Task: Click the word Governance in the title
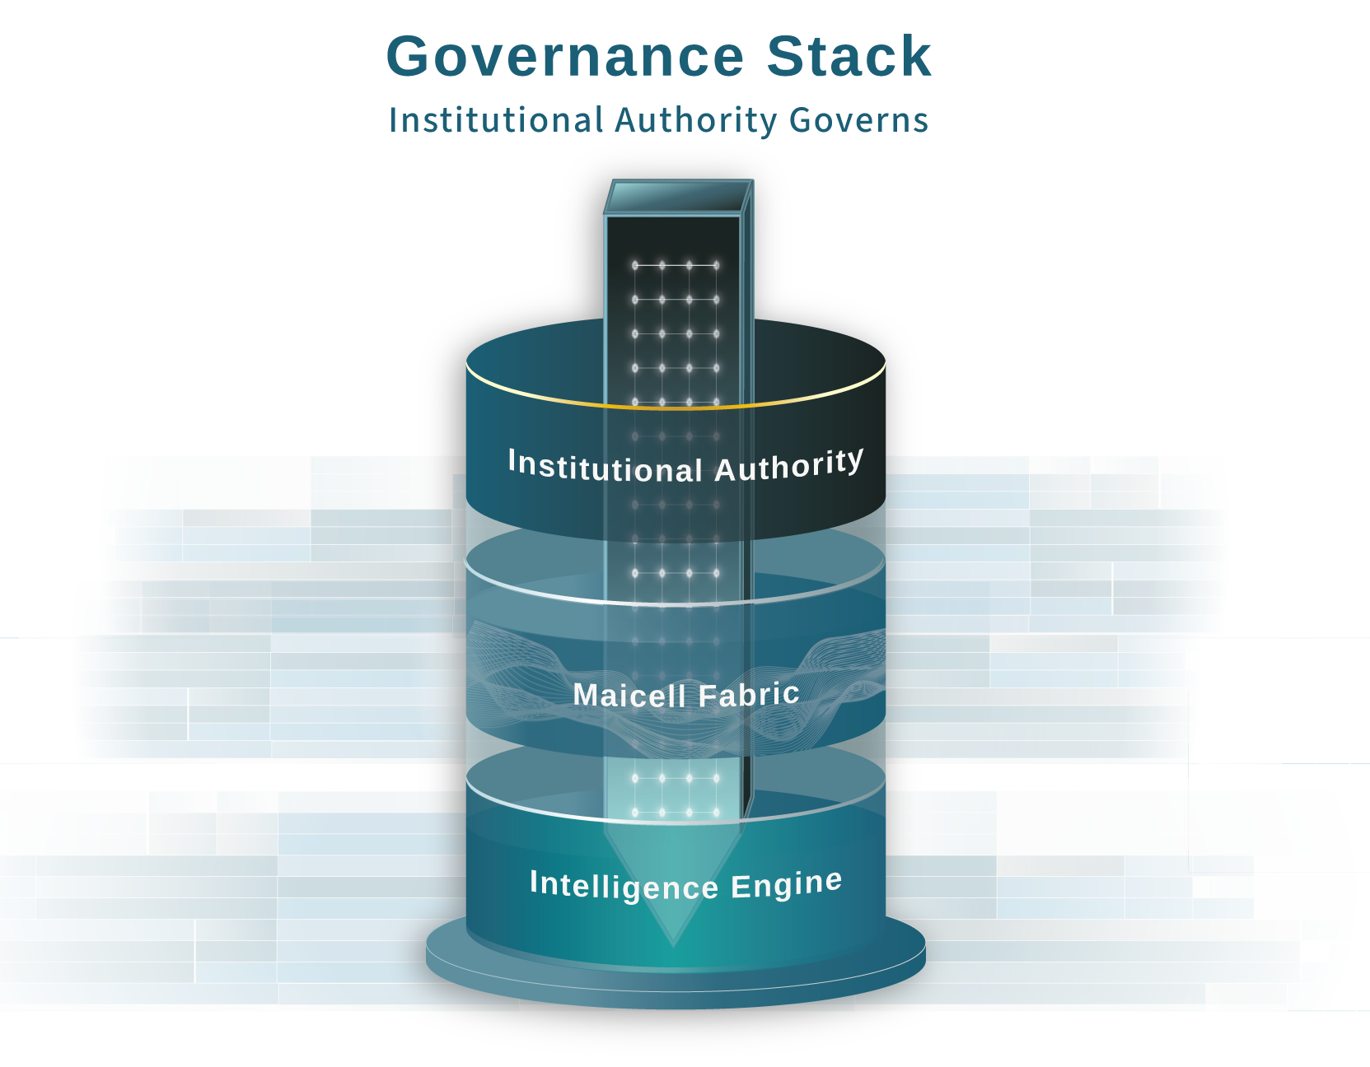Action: pos(565,57)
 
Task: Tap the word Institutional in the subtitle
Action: pos(496,120)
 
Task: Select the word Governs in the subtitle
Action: pos(858,120)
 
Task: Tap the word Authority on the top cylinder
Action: pos(788,466)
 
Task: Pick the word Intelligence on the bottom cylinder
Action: pos(624,885)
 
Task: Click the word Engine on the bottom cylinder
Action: pos(786,884)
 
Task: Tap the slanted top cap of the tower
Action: pos(677,198)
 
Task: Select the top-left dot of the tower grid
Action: pos(635,265)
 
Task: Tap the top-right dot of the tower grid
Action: pos(716,265)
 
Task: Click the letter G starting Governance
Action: pos(412,57)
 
